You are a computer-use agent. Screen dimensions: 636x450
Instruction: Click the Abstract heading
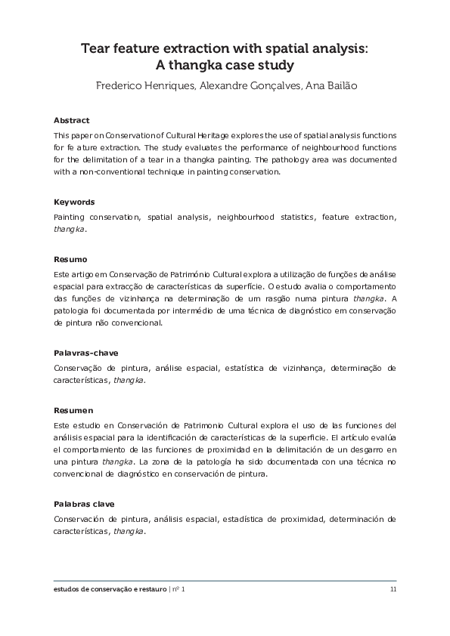pos(72,120)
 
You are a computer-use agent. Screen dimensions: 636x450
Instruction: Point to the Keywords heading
pos(74,202)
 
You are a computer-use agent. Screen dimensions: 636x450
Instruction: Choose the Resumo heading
pos(70,259)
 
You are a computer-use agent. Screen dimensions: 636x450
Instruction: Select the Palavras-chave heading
pos(86,354)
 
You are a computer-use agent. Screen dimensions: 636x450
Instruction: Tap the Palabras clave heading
pos(85,504)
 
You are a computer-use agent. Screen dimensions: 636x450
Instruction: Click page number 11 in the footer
pos(393,589)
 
